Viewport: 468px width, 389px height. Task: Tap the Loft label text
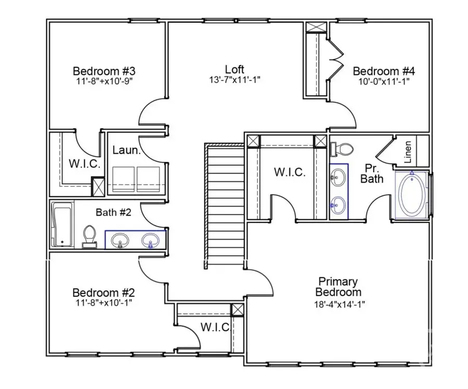coord(235,69)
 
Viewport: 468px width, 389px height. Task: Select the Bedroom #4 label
coord(384,71)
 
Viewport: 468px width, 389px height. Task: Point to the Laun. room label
coord(127,151)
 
